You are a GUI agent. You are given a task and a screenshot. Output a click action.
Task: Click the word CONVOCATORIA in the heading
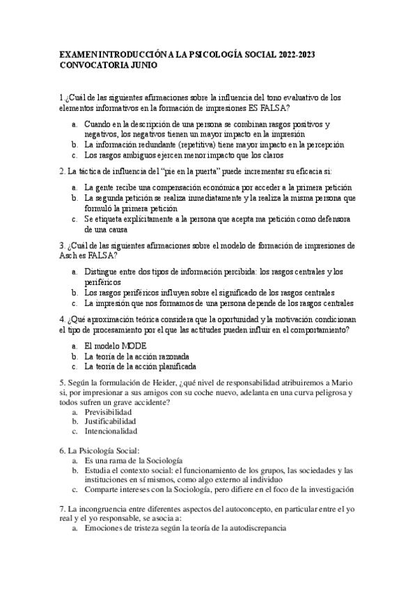[x=90, y=66]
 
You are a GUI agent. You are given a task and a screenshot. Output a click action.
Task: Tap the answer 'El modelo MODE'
[x=115, y=346]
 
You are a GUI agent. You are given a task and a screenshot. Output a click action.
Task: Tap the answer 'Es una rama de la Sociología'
[x=133, y=461]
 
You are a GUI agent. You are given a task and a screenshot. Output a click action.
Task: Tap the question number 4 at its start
[x=62, y=319]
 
